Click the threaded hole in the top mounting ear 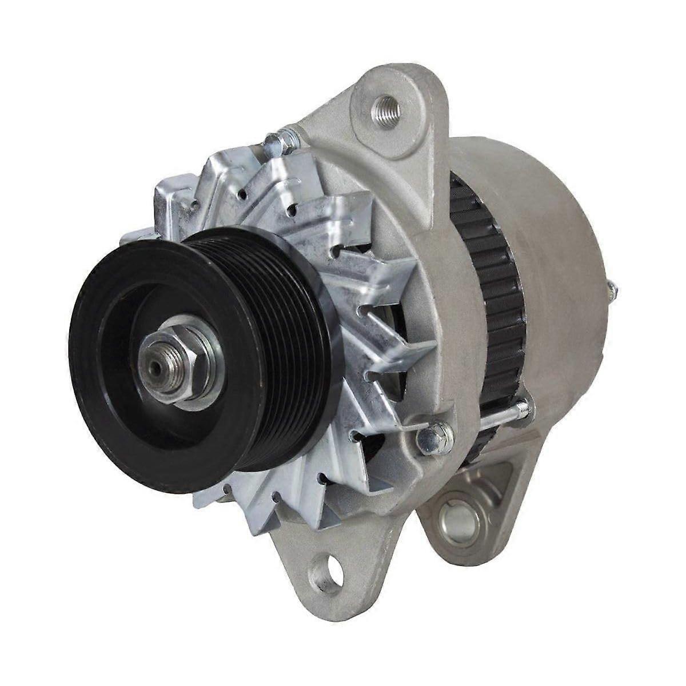point(380,107)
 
